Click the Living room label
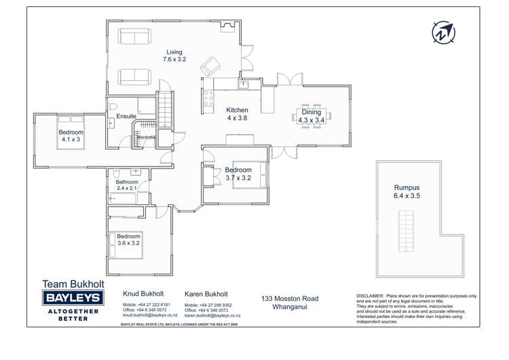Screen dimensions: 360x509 (x=173, y=56)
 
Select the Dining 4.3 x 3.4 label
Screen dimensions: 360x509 (x=312, y=116)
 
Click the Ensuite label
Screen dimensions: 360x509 (x=126, y=117)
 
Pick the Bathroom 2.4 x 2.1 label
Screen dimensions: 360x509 (x=127, y=185)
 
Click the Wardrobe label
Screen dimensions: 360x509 (x=146, y=138)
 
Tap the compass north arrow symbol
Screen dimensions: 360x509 (x=443, y=32)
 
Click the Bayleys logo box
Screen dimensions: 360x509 (x=73, y=298)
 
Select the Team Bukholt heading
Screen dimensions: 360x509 (x=73, y=283)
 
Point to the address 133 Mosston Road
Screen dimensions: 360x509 (x=290, y=299)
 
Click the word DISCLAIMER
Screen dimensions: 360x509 (x=369, y=296)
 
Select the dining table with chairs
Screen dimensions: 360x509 (x=312, y=115)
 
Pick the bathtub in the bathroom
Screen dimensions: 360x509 (x=129, y=199)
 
